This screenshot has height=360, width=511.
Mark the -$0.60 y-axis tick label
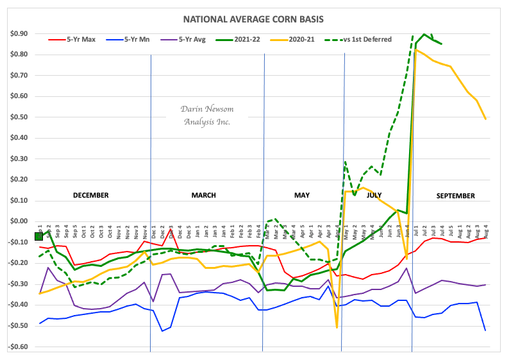pos(19,347)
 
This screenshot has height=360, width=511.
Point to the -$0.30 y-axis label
pos(19,284)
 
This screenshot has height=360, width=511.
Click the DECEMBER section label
pos(90,195)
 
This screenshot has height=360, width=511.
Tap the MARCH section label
pos(203,195)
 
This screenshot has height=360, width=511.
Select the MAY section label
pos(301,195)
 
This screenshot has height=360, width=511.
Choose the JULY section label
pos(379,195)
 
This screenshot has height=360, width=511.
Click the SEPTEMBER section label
pos(455,195)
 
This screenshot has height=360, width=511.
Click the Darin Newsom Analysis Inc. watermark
pos(206,116)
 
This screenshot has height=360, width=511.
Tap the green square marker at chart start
pos(39,236)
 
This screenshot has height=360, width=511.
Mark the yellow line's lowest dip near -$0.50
pos(337,328)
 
